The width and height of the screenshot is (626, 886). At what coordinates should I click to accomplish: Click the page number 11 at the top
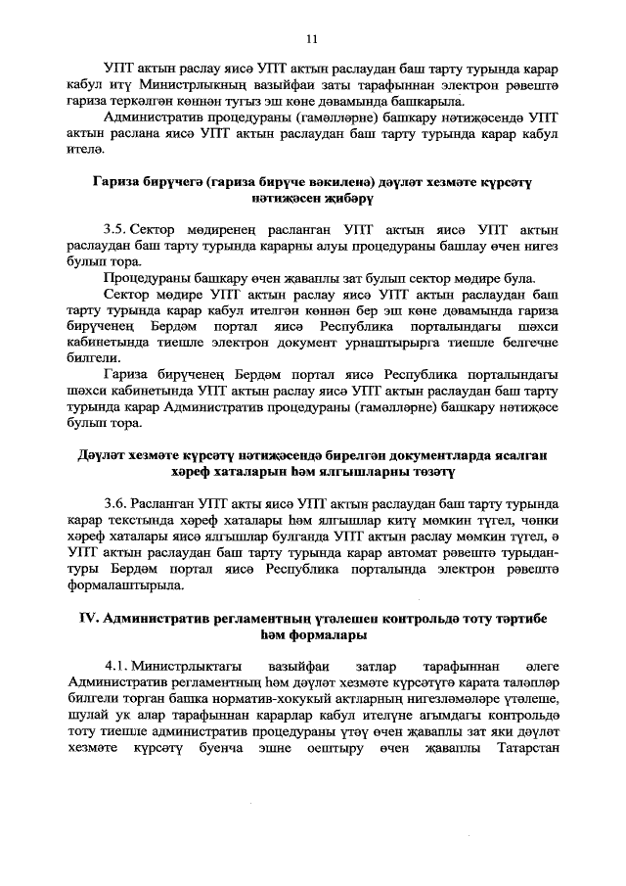tap(312, 39)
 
